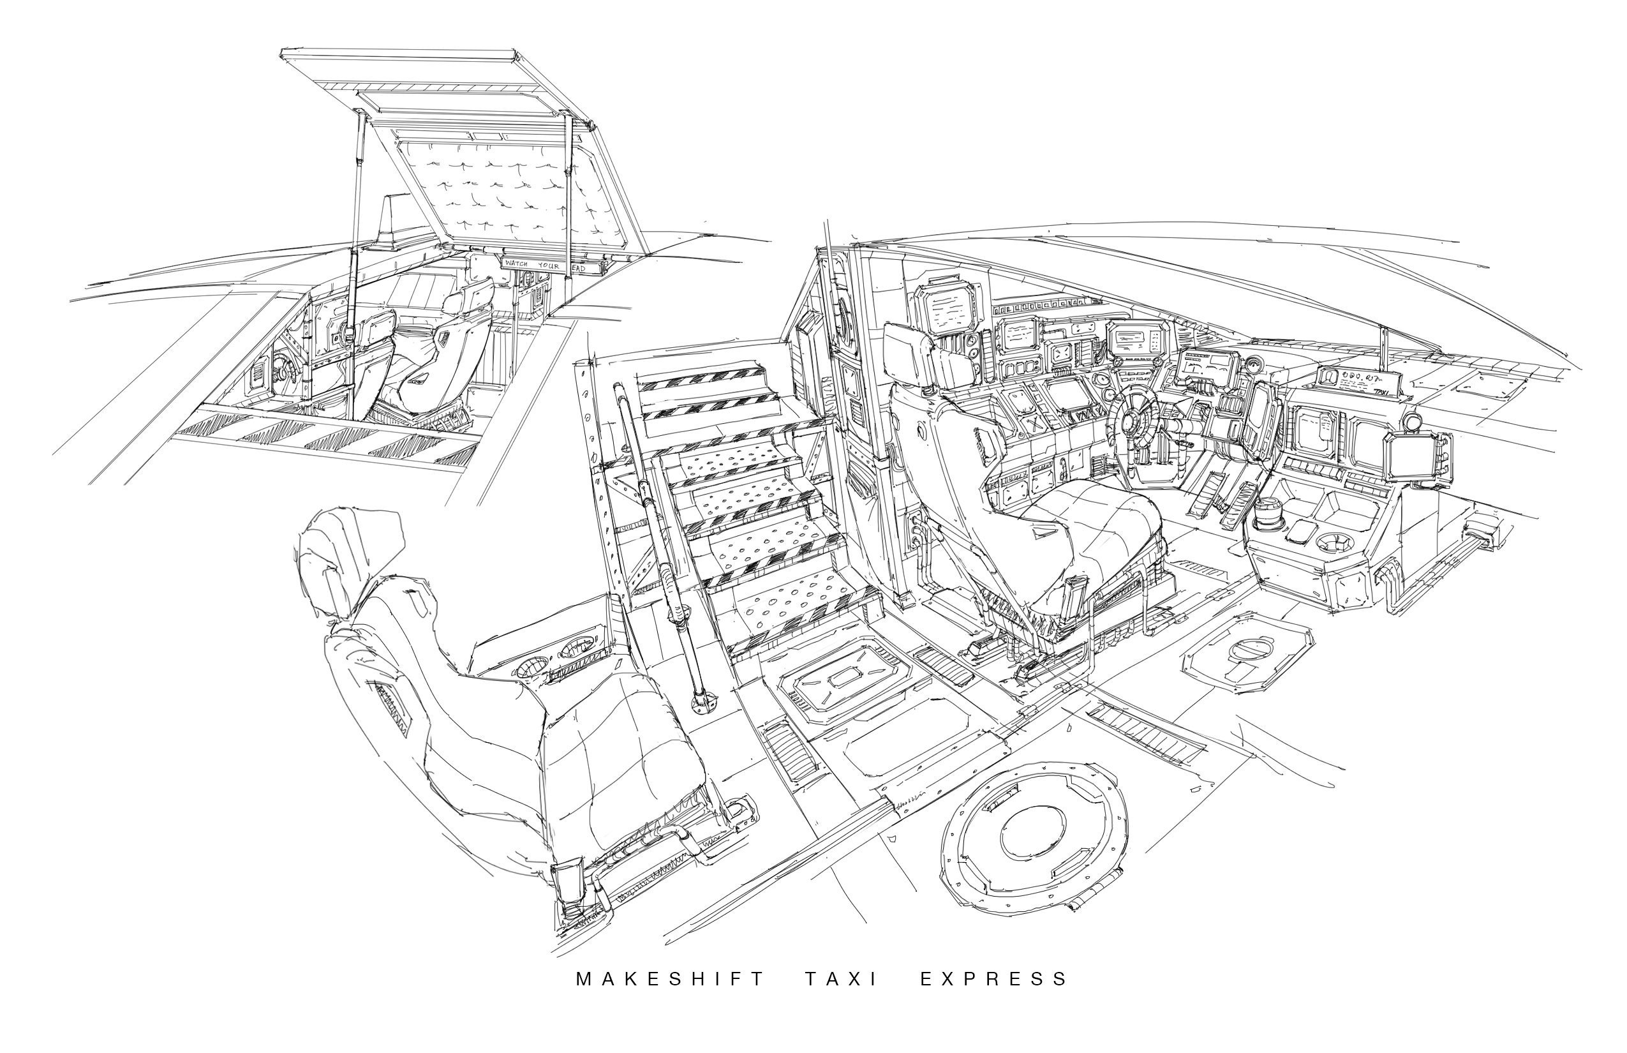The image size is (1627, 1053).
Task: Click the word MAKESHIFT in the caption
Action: (671, 979)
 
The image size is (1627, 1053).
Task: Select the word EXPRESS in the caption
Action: (993, 979)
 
